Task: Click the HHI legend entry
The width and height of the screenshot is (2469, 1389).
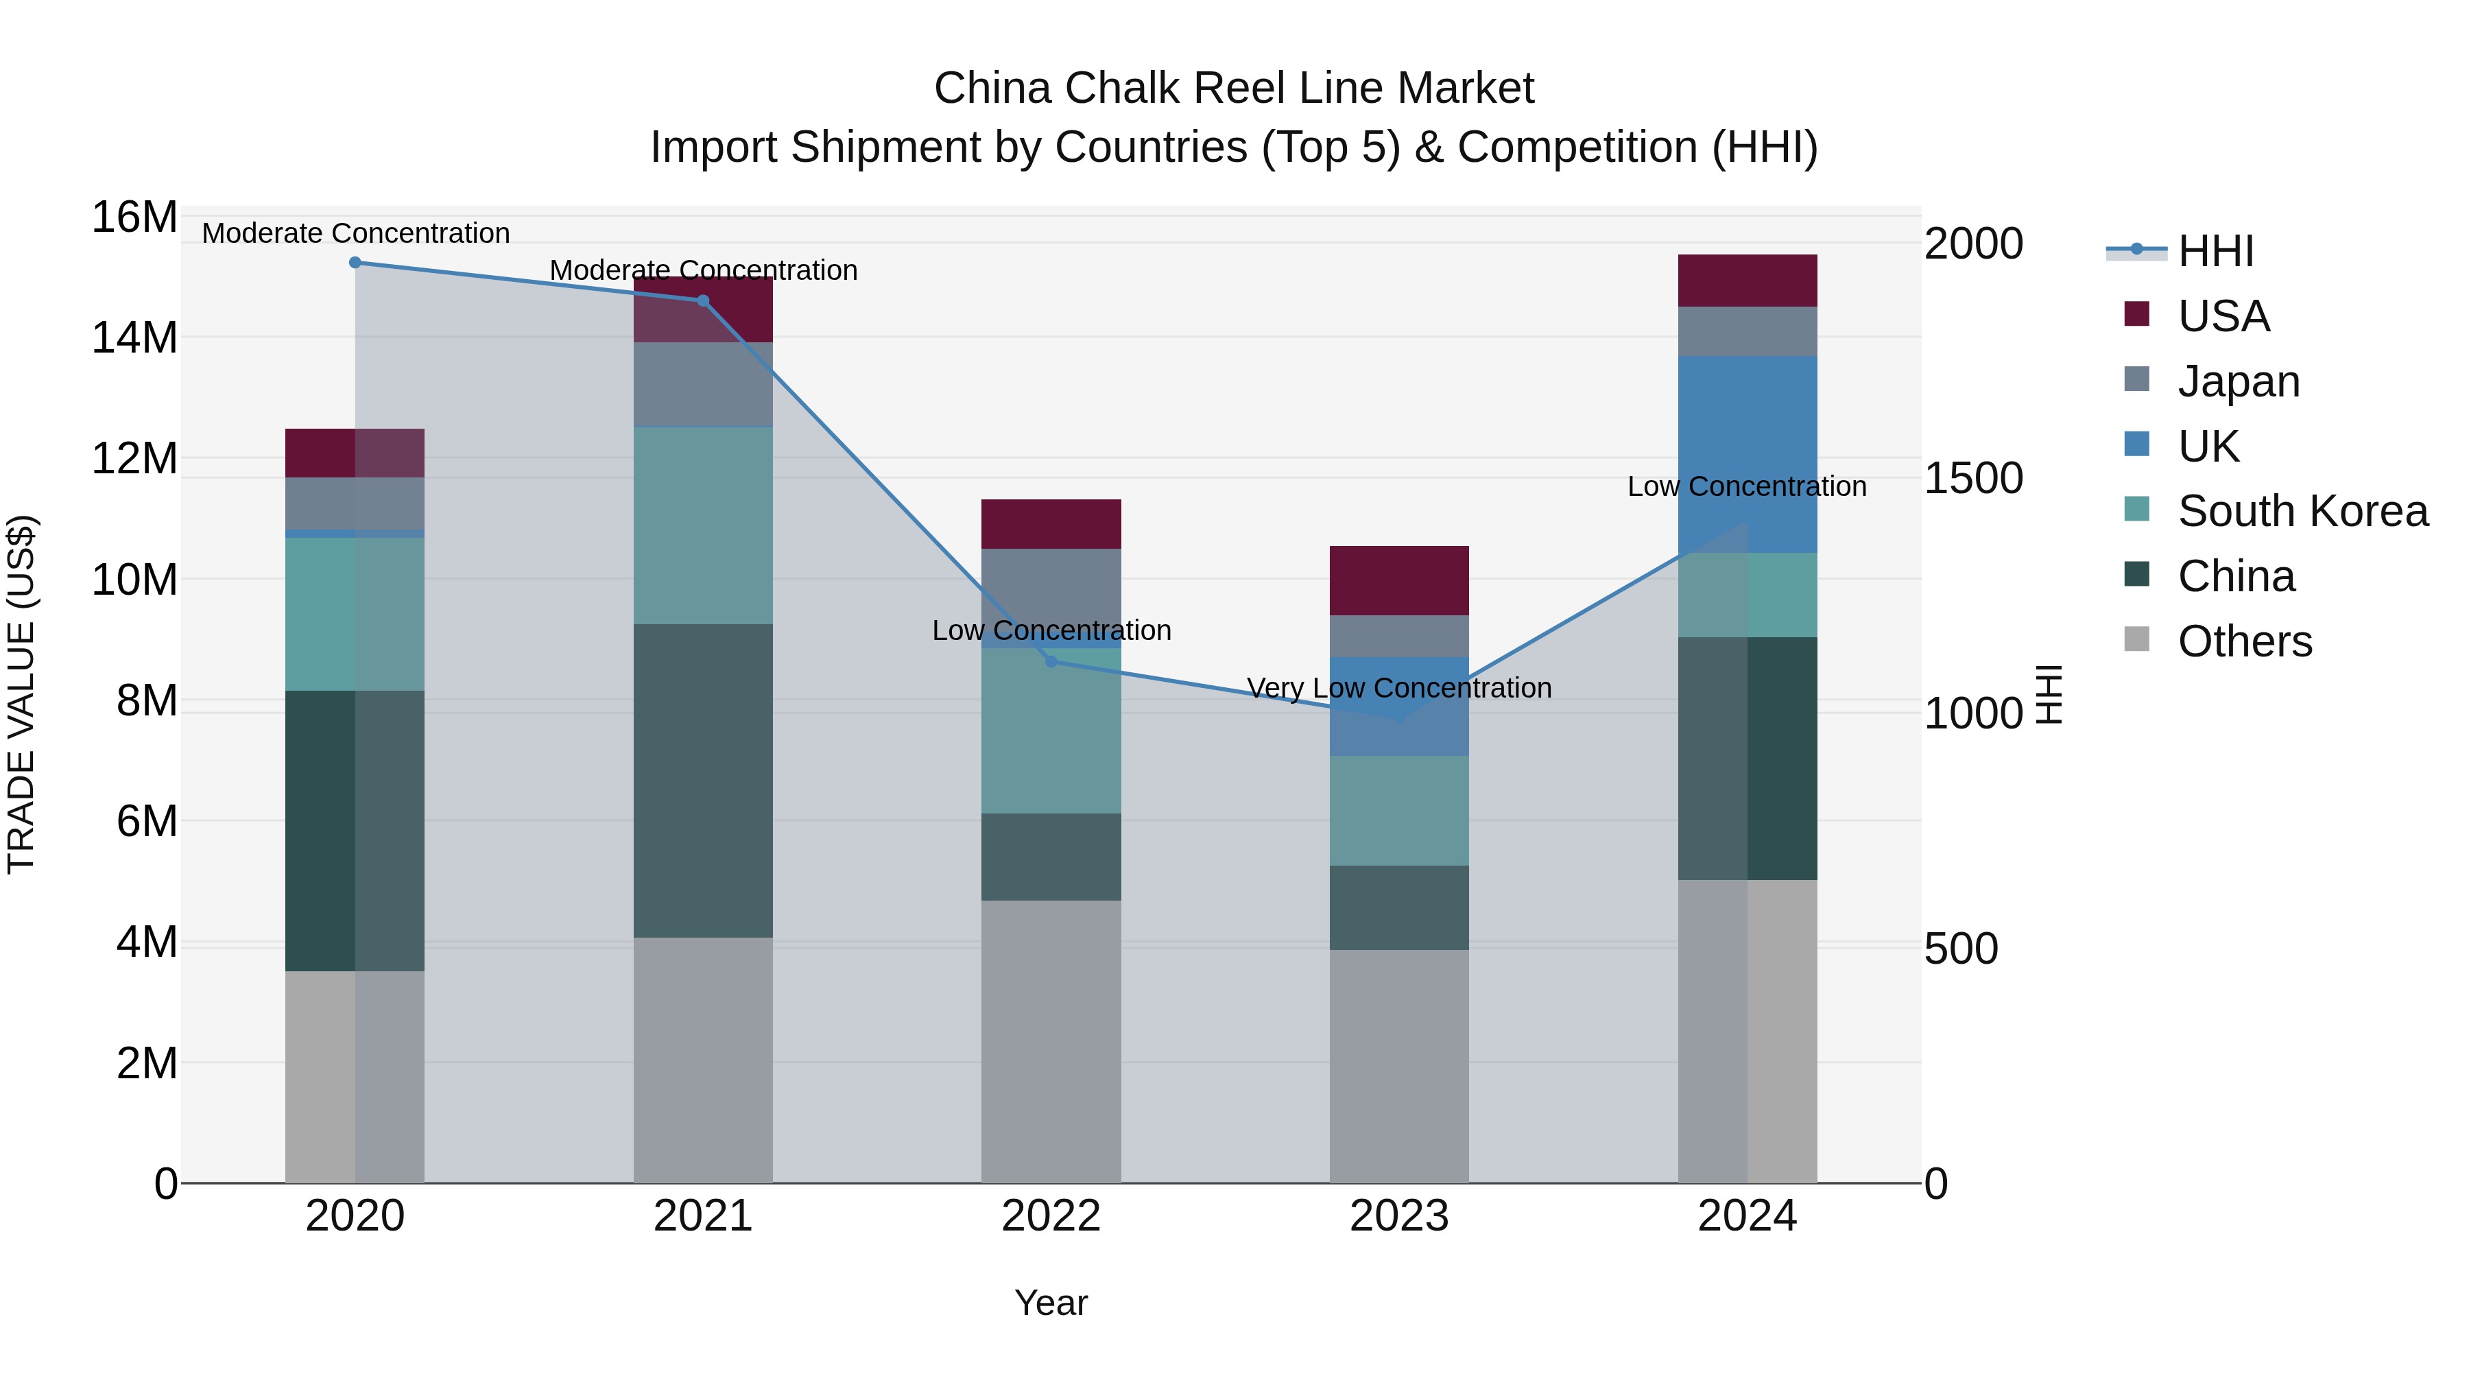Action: (x=2214, y=251)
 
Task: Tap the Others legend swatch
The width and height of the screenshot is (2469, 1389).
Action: (x=2136, y=639)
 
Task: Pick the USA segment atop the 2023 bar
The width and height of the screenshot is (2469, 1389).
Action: (x=1398, y=580)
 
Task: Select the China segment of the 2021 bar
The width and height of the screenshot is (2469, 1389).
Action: (x=702, y=781)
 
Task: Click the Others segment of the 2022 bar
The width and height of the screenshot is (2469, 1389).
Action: (x=1051, y=1041)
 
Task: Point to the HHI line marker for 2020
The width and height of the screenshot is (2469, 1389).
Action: (x=355, y=263)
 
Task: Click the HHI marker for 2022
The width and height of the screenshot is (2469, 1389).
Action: (x=1051, y=661)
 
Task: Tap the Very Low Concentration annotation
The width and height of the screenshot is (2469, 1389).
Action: (x=1398, y=688)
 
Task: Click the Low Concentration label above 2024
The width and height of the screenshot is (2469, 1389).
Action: (x=1746, y=486)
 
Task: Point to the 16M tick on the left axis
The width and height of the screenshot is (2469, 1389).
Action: (x=134, y=217)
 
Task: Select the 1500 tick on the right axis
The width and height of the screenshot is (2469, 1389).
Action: (x=1973, y=478)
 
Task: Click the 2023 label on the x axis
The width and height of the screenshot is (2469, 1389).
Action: (x=1398, y=1216)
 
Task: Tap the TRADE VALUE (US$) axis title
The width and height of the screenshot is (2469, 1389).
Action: (x=22, y=694)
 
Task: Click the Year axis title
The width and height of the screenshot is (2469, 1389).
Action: (x=1051, y=1303)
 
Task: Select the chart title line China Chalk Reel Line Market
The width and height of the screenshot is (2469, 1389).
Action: (x=1234, y=88)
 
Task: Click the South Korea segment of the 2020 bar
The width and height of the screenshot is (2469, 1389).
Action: (x=355, y=613)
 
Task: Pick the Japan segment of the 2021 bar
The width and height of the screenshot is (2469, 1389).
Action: (x=702, y=384)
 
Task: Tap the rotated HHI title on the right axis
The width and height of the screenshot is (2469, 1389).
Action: (x=2048, y=694)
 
